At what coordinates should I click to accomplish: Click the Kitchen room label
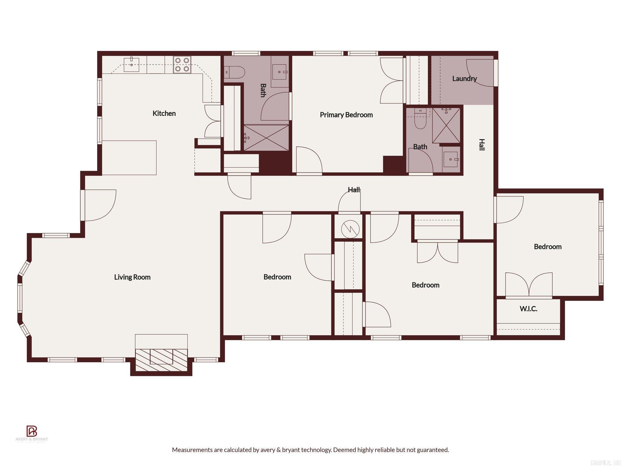click(x=164, y=113)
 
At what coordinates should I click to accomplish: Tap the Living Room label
click(x=132, y=277)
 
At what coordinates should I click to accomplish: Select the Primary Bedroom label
click(x=346, y=115)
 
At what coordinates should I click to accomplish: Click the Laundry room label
click(x=464, y=79)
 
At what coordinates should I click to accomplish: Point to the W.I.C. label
click(x=529, y=309)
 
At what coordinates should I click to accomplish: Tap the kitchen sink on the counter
click(x=132, y=65)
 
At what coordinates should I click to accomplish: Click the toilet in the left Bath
click(x=235, y=72)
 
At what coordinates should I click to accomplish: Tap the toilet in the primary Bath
click(x=420, y=121)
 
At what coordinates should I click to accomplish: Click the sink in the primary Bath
click(x=451, y=159)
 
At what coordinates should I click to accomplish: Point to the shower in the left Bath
click(x=266, y=138)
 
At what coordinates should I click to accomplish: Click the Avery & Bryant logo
click(x=32, y=431)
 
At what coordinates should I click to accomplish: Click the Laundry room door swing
click(x=479, y=73)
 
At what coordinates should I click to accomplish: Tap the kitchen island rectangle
click(x=129, y=157)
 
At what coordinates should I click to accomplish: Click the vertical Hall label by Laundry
click(x=482, y=144)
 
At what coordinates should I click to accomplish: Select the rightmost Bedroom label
click(x=548, y=247)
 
